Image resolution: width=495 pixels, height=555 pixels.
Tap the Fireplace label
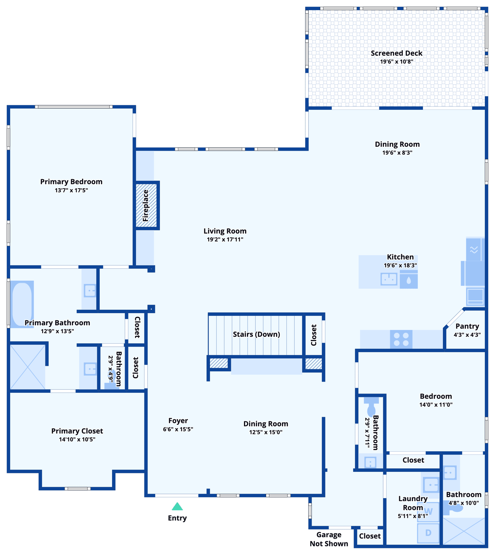coord(146,206)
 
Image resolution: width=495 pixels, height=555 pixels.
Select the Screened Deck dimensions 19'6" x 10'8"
coord(396,62)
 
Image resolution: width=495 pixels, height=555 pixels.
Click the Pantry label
coord(467,326)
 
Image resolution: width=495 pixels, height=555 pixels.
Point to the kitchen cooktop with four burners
coord(401,339)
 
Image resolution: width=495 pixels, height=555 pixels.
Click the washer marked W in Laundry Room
coord(428,512)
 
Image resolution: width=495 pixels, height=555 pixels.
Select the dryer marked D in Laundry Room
coord(428,533)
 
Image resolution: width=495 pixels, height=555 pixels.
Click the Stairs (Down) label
coord(256,334)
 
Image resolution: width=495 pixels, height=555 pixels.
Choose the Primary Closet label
coord(77,431)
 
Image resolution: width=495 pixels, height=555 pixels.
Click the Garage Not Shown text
coord(329,539)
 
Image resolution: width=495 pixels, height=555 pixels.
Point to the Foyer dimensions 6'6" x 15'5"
coord(178,429)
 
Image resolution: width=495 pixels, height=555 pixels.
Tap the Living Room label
coord(225,231)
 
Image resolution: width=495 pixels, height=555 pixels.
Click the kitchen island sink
coord(389,279)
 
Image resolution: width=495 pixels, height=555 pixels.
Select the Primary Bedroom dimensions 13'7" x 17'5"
coord(71,190)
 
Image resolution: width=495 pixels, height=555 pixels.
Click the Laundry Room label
coord(413,503)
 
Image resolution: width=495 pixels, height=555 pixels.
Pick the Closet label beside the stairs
coord(314,335)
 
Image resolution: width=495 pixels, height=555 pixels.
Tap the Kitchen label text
coord(400,257)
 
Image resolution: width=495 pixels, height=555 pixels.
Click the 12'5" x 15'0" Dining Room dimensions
coord(266,432)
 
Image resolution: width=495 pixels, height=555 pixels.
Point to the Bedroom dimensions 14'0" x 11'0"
coord(436,405)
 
